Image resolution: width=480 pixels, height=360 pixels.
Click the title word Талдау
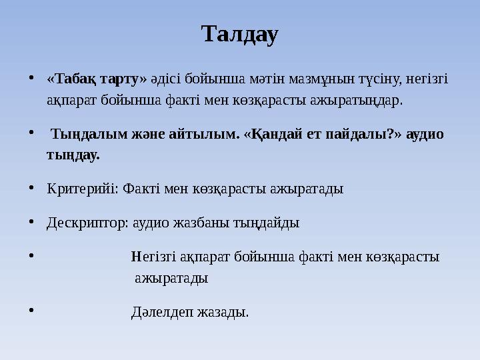(239, 34)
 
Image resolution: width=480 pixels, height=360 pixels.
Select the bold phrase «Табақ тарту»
(97, 79)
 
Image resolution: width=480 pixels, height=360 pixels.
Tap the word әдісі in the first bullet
(165, 79)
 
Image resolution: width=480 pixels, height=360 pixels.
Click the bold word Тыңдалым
(89, 134)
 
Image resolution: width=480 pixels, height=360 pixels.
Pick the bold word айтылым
(202, 134)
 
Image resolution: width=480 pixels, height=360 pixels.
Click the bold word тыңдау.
(73, 155)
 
